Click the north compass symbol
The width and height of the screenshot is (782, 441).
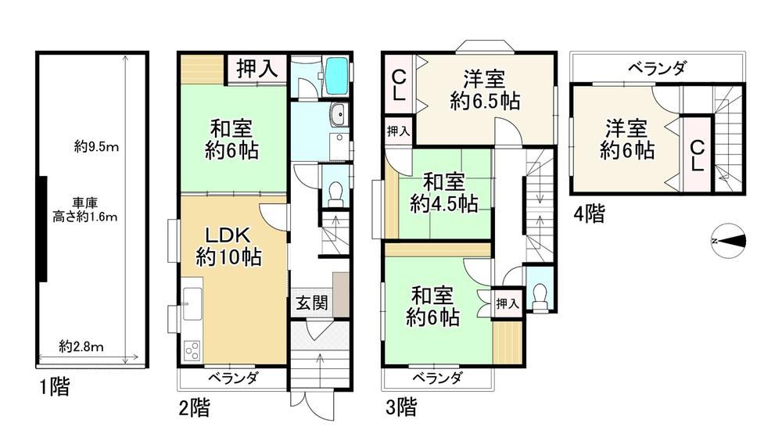tap(729, 241)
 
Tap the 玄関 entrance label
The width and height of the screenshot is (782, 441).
tap(312, 303)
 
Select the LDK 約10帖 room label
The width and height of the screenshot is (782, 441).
tap(228, 246)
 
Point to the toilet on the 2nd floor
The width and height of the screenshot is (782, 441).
tap(336, 194)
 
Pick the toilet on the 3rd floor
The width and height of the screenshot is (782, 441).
tap(540, 297)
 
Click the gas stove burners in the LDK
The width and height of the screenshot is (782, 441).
tap(192, 350)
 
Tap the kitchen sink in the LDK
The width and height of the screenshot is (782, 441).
tap(192, 304)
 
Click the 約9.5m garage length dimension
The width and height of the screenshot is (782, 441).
tap(96, 147)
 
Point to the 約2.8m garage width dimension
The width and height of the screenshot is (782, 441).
tap(81, 346)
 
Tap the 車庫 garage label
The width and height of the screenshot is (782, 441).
tap(84, 203)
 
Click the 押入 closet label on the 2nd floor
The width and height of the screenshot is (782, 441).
tap(256, 68)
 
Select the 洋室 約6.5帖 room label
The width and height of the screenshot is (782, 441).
tap(485, 90)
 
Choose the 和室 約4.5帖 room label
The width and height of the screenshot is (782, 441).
tap(444, 193)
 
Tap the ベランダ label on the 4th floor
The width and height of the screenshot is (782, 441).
tap(658, 68)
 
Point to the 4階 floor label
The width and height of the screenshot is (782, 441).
tap(589, 214)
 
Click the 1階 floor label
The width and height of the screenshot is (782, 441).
tap(55, 387)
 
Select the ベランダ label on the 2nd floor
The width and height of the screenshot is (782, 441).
tap(233, 378)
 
